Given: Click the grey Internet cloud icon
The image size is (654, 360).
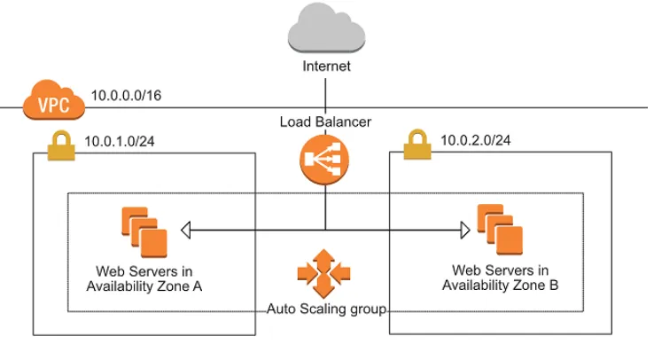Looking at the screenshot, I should tap(327, 30).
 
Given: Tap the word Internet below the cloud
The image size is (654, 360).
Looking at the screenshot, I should tap(327, 67).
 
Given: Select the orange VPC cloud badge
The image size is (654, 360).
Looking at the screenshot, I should tap(54, 101).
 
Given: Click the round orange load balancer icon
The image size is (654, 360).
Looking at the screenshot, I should tap(326, 160).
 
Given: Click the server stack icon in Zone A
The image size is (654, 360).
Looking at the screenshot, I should tap(144, 231).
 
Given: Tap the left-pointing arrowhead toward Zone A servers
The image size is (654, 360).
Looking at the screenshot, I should tap(185, 231).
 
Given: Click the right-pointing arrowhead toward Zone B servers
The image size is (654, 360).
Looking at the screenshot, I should tap(463, 231).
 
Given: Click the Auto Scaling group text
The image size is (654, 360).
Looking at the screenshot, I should tap(326, 309).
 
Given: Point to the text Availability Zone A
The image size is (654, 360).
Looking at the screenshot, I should tap(145, 286).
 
